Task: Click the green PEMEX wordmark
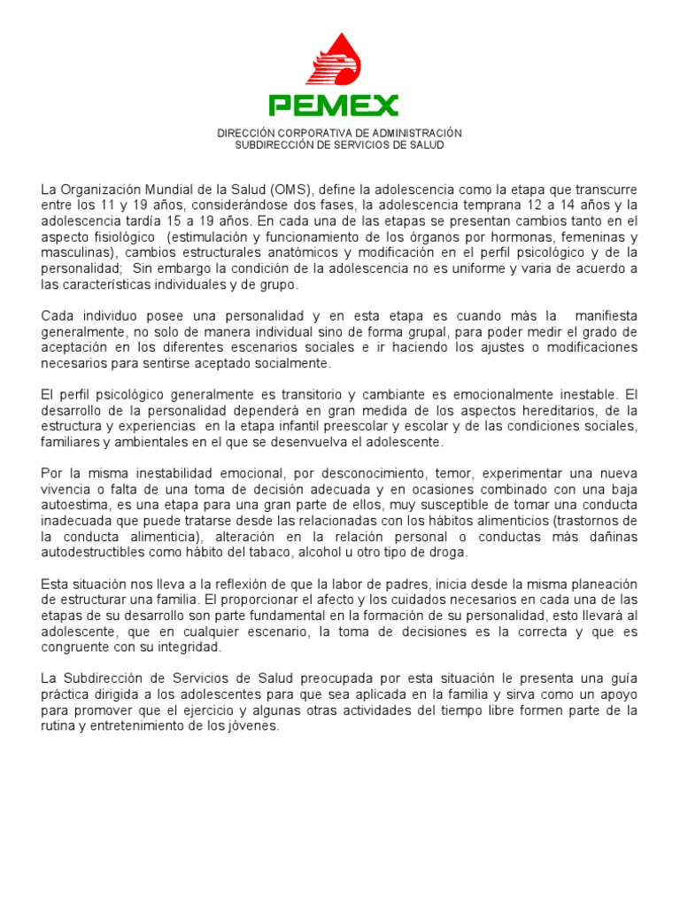pos(334,106)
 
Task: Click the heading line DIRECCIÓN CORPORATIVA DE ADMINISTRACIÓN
pos(340,133)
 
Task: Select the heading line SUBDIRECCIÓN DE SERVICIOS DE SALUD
pos(340,145)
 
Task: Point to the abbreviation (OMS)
pos(292,190)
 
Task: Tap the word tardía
pos(135,221)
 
